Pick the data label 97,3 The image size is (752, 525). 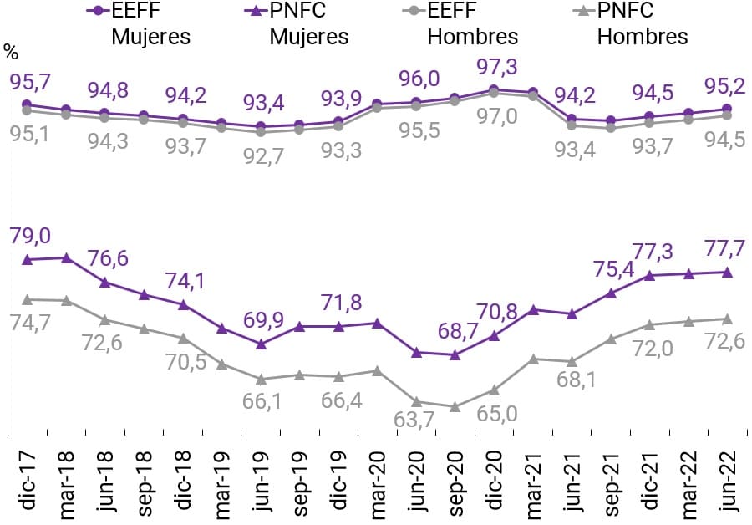click(x=495, y=66)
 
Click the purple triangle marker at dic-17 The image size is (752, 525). click(x=28, y=259)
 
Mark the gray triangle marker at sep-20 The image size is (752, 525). click(x=455, y=407)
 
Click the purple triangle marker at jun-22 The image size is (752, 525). click(x=727, y=272)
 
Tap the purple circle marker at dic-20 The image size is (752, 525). click(x=494, y=89)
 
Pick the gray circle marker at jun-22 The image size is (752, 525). click(x=727, y=115)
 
